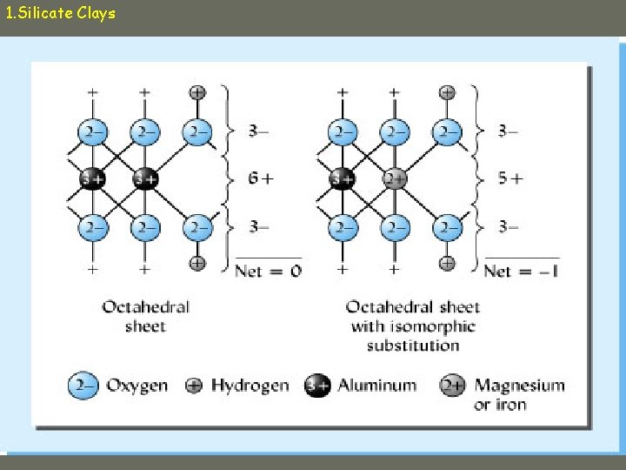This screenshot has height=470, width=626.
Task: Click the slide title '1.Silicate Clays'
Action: pyautogui.click(x=60, y=14)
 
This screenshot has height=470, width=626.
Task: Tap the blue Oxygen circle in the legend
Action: pyautogui.click(x=83, y=385)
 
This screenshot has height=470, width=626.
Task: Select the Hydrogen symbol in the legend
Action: pyautogui.click(x=195, y=385)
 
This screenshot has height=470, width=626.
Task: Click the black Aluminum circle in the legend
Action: pyautogui.click(x=317, y=385)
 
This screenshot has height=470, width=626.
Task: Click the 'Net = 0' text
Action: pyautogui.click(x=268, y=271)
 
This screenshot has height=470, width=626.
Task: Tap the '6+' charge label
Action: pyautogui.click(x=260, y=178)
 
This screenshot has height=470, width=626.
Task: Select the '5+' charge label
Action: pyautogui.click(x=510, y=178)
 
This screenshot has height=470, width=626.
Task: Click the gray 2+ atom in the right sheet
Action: pyautogui.click(x=395, y=178)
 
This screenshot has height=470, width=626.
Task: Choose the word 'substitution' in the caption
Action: pyautogui.click(x=413, y=345)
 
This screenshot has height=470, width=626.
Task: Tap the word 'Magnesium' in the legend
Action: pyautogui.click(x=520, y=385)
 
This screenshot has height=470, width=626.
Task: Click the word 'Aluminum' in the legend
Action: pyautogui.click(x=377, y=385)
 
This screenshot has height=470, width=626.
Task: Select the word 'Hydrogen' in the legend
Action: pyautogui.click(x=250, y=385)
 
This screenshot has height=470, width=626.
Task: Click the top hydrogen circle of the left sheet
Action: pyautogui.click(x=197, y=91)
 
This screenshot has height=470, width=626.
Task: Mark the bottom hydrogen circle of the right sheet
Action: pyautogui.click(x=447, y=262)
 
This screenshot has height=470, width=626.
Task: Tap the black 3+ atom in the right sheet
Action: pyautogui.click(x=343, y=178)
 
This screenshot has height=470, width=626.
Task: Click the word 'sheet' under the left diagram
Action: pyautogui.click(x=144, y=326)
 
